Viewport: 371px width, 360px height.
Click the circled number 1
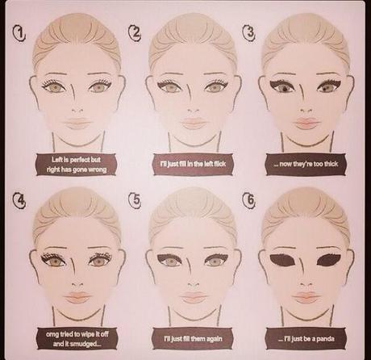(x=19, y=34)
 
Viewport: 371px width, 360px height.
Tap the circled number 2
(x=135, y=32)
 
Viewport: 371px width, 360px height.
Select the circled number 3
(x=249, y=32)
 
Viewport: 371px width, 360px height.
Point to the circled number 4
(x=19, y=201)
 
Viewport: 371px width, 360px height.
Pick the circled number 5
(x=135, y=199)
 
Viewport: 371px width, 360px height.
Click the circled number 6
(x=249, y=200)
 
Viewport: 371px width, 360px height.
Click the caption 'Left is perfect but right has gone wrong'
(x=77, y=165)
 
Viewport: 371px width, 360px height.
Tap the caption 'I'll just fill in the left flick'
(x=193, y=164)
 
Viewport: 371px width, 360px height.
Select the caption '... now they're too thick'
(x=306, y=164)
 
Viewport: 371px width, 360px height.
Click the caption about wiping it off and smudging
(x=77, y=338)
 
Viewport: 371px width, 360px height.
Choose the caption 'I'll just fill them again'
(x=193, y=338)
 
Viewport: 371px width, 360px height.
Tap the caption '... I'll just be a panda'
(x=306, y=338)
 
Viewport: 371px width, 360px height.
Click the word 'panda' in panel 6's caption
(x=326, y=339)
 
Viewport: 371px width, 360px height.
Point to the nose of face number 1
(x=78, y=111)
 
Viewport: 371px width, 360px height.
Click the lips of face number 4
(x=78, y=297)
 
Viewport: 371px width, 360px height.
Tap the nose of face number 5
(x=193, y=284)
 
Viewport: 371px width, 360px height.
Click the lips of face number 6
(x=306, y=296)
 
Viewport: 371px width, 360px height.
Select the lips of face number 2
(x=193, y=123)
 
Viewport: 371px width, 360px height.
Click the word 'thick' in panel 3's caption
(x=331, y=164)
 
